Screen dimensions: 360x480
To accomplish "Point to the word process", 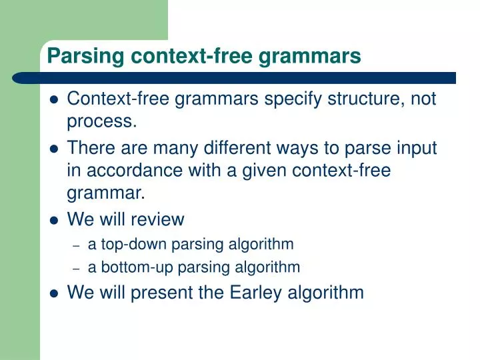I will pyautogui.click(x=99, y=122).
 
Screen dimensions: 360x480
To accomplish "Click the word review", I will pyautogui.click(x=159, y=219).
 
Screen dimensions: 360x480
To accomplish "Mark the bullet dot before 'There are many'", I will pyautogui.click(x=55, y=148).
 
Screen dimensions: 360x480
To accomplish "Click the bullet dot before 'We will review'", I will pyautogui.click(x=55, y=220).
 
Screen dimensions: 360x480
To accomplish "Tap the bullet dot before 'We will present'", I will pyautogui.click(x=55, y=293).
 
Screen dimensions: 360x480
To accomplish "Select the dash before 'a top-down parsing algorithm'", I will pyautogui.click(x=77, y=245).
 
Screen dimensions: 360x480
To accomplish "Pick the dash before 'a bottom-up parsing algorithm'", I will pyautogui.click(x=77, y=269).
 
